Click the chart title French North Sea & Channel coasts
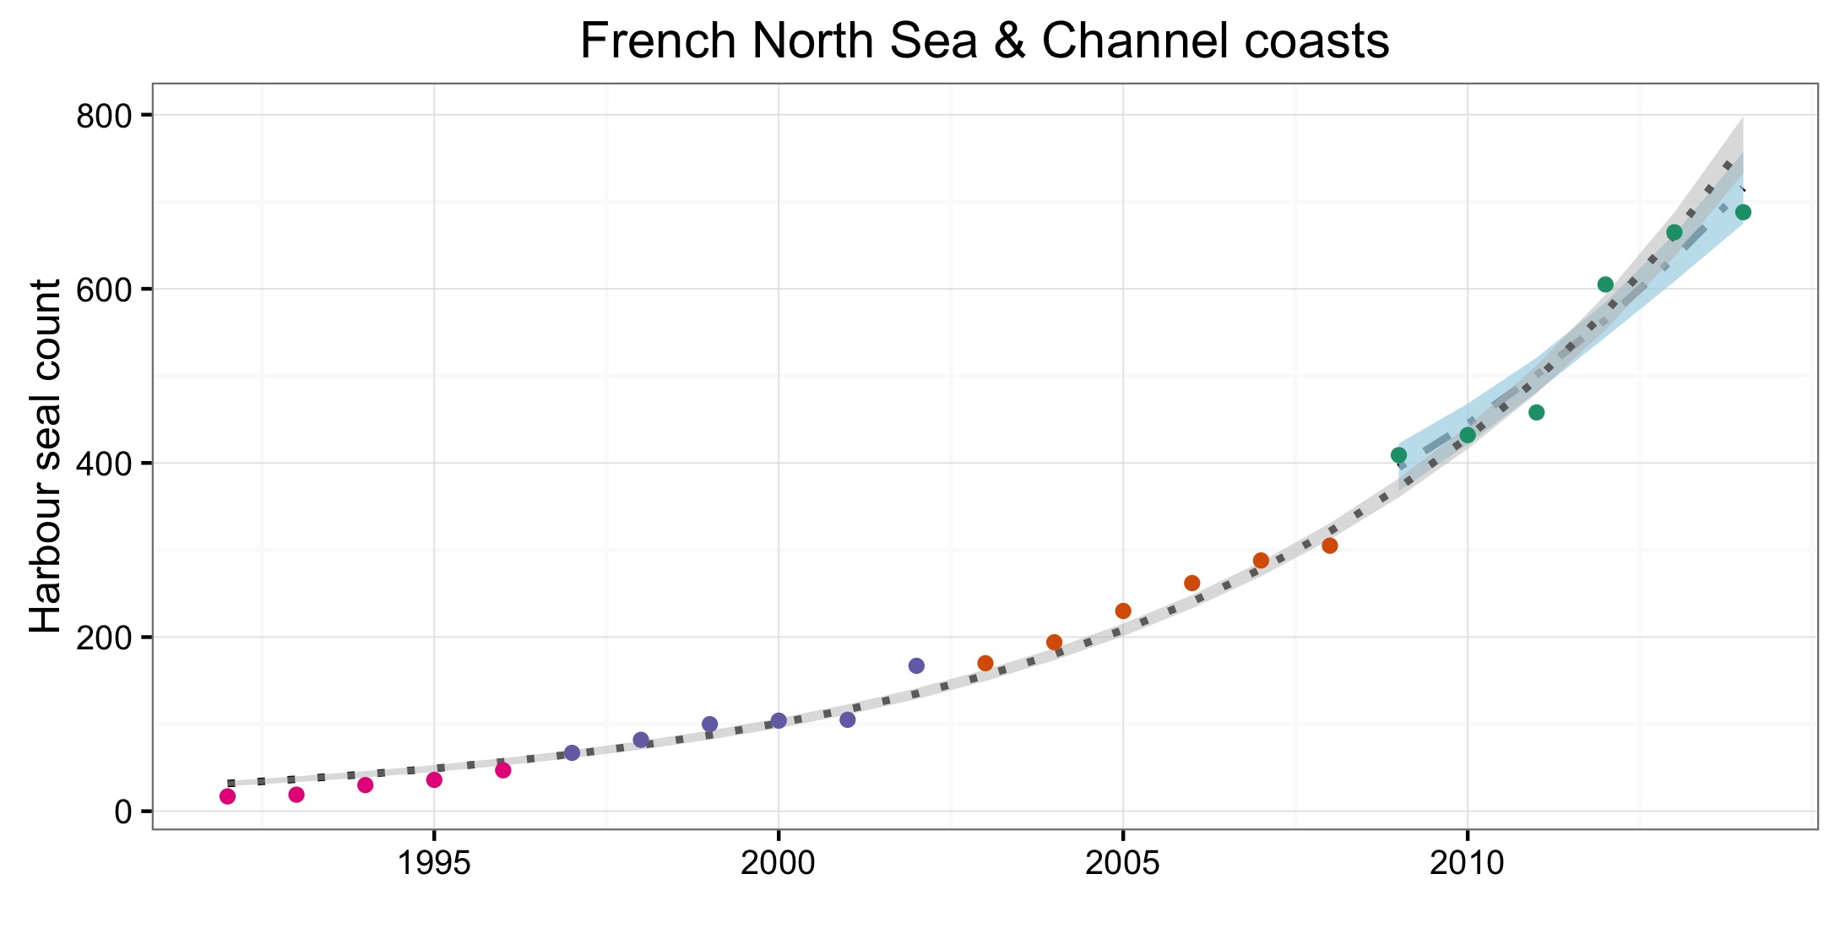coord(984,41)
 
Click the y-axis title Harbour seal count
coord(46,456)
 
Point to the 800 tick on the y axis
coord(105,116)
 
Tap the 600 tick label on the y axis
coord(105,290)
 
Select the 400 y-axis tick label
coord(105,464)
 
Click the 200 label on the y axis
coord(105,638)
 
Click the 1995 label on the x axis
coord(434,864)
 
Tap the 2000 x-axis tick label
coord(779,864)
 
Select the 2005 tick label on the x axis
coord(1122,864)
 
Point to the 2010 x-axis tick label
coord(1467,864)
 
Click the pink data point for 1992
coord(227,796)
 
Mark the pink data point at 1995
coord(434,779)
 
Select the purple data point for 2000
coord(779,720)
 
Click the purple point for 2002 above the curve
coord(916,665)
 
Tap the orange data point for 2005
coord(1123,611)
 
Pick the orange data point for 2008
coord(1330,546)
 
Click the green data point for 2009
coord(1398,455)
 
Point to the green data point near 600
coord(1605,284)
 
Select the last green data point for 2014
coord(1743,212)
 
